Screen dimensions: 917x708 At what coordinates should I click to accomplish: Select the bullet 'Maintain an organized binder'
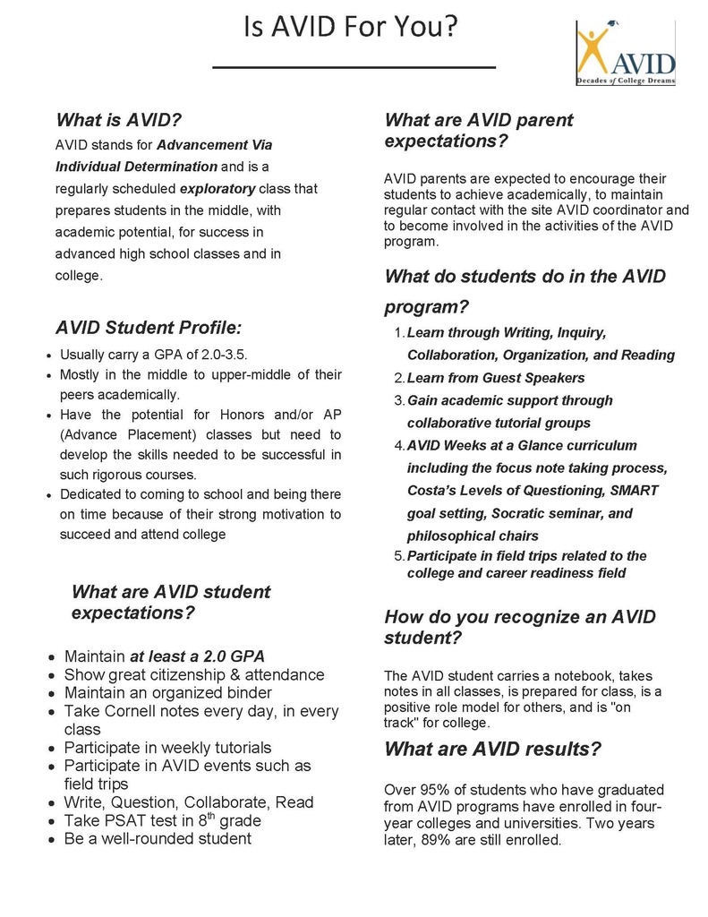167,692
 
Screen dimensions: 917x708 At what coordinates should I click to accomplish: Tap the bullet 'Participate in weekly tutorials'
167,747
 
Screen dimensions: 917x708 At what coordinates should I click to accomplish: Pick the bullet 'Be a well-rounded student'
158,838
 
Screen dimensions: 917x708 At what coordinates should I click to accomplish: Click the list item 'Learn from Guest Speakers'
495,378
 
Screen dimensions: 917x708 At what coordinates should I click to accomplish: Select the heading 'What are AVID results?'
492,748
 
